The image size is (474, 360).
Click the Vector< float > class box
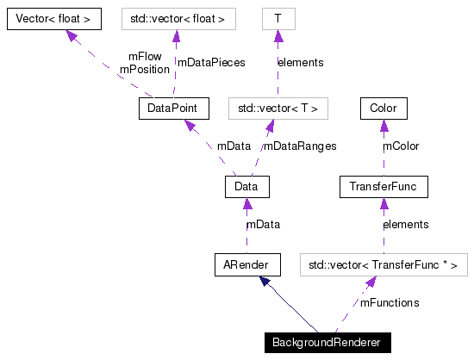click(53, 17)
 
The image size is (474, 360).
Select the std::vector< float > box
click(176, 17)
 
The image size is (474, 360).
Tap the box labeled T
click(278, 17)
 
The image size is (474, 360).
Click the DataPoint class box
click(173, 109)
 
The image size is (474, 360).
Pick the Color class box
click(384, 109)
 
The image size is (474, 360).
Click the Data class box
click(246, 186)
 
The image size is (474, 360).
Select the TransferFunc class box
click(384, 186)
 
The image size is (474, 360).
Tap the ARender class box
click(246, 264)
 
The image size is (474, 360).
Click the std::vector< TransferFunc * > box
click(384, 264)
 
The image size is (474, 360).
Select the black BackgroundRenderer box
click(328, 342)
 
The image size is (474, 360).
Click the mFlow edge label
click(144, 56)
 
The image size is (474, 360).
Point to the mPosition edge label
click(144, 69)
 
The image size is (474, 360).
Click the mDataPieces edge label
click(211, 63)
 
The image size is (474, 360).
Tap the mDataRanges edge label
click(300, 146)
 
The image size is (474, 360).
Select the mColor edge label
click(401, 146)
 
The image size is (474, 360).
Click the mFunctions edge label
click(390, 303)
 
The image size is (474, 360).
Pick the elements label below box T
click(300, 63)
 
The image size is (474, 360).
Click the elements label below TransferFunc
click(405, 225)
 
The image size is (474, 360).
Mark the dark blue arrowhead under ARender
click(266, 282)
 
